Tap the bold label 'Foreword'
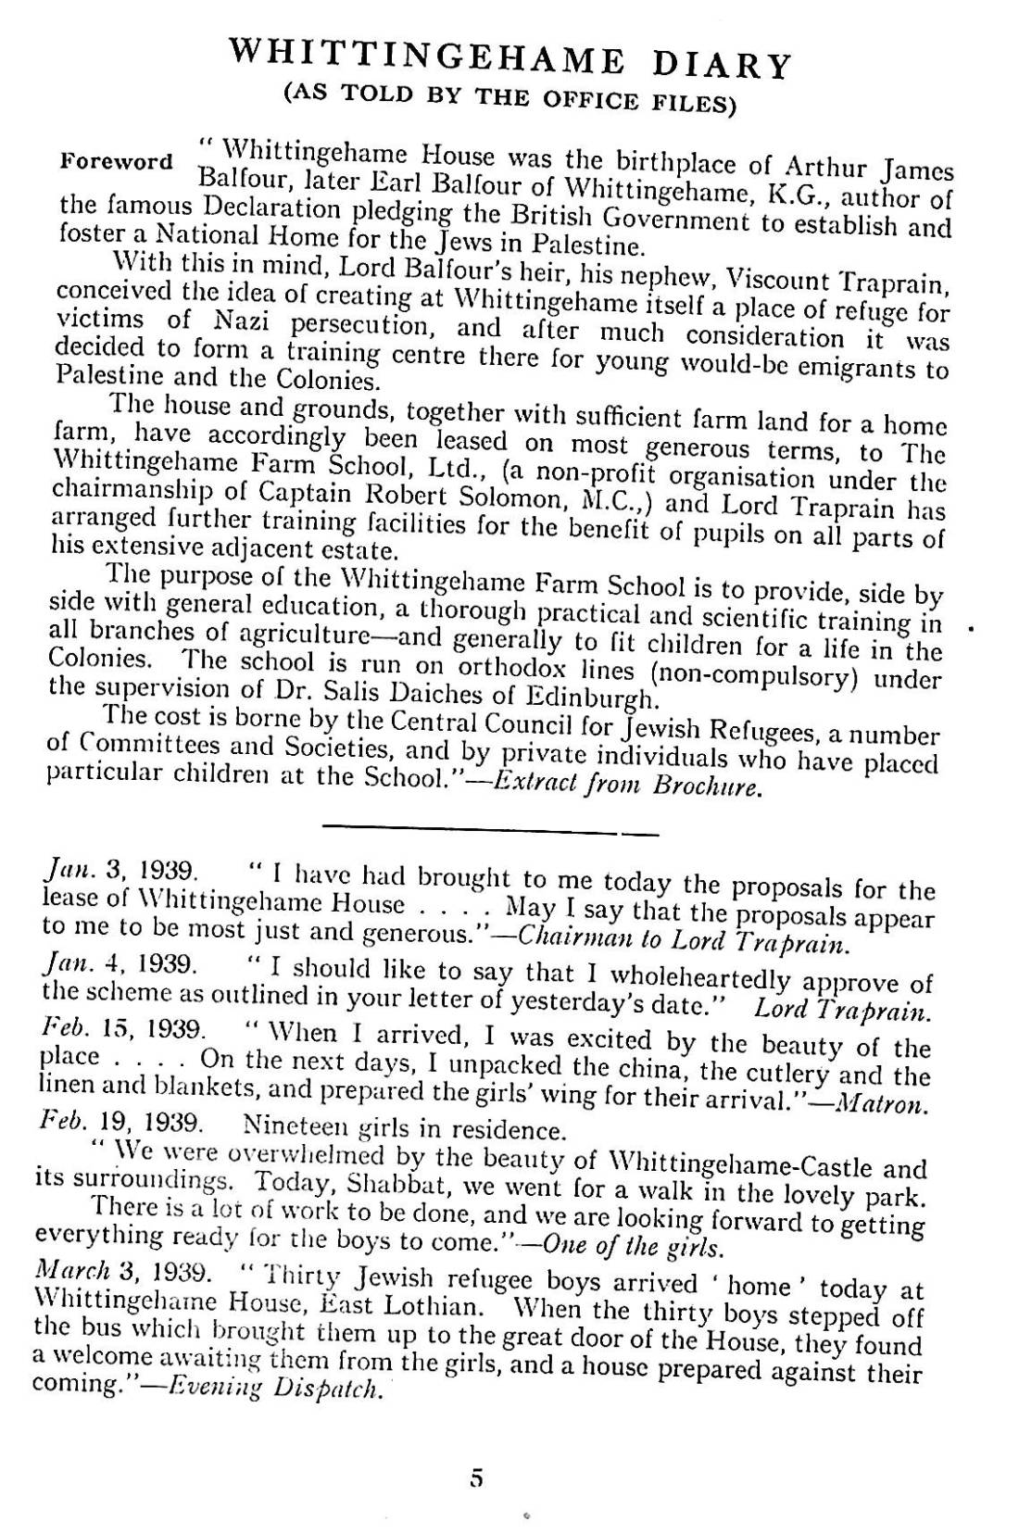[116, 160]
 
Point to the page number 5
[477, 1477]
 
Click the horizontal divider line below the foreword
[490, 833]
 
